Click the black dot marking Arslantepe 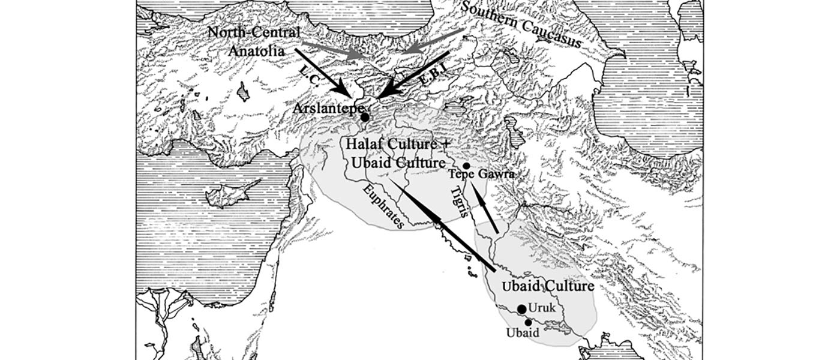[x=365, y=118]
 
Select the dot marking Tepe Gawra [x=466, y=166]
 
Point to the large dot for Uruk [x=522, y=308]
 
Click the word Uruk [x=544, y=308]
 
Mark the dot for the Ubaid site [x=528, y=322]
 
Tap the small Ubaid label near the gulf [x=521, y=332]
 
